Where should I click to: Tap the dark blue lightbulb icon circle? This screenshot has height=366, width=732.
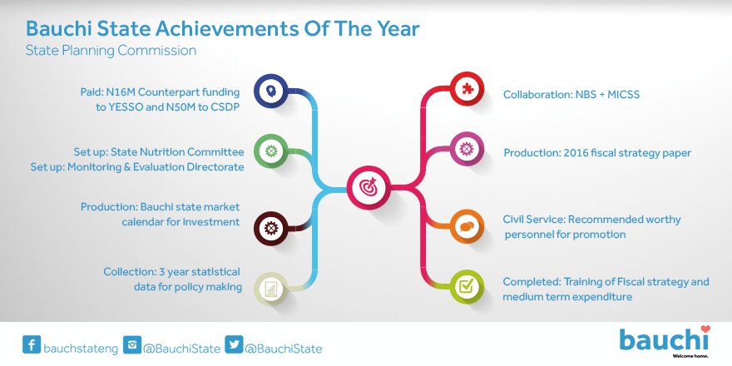pyautogui.click(x=271, y=91)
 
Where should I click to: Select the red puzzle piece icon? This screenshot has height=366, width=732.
pyautogui.click(x=467, y=89)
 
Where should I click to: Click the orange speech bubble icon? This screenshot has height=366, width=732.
pyautogui.click(x=467, y=226)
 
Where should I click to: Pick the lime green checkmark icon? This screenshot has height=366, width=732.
pyautogui.click(x=467, y=285)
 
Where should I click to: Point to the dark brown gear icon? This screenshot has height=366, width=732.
pyautogui.click(x=271, y=228)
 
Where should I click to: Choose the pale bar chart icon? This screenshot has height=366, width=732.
pyautogui.click(x=271, y=289)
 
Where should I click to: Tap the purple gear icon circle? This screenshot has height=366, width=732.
pyautogui.click(x=467, y=149)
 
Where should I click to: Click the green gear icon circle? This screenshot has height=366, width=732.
pyautogui.click(x=271, y=151)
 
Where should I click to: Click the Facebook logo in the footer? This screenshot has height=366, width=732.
pyautogui.click(x=32, y=344)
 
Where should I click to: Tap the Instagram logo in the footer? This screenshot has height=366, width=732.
pyautogui.click(x=132, y=344)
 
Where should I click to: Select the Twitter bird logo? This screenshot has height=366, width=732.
pyautogui.click(x=234, y=344)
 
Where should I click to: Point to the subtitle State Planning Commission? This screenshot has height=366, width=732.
pyautogui.click(x=111, y=51)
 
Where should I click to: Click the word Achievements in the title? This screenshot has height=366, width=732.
pyautogui.click(x=227, y=28)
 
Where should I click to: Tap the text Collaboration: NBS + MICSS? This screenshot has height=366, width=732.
pyautogui.click(x=571, y=95)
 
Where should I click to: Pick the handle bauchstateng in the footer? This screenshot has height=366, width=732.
pyautogui.click(x=81, y=349)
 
